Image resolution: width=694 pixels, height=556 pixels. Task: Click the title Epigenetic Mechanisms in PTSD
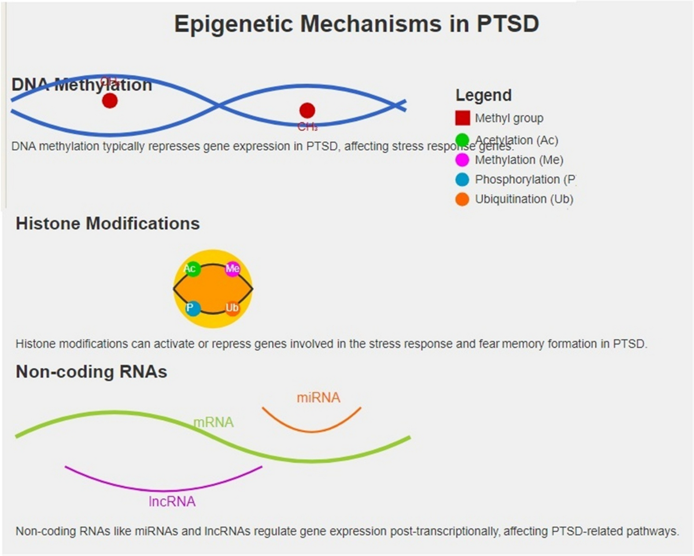(x=356, y=24)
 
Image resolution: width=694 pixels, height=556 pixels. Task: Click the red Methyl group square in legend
(x=463, y=118)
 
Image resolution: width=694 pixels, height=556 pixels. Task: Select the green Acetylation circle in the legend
(x=462, y=140)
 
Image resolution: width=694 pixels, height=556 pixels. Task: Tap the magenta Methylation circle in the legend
(x=462, y=160)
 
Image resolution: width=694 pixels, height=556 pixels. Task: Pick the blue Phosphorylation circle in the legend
(x=462, y=180)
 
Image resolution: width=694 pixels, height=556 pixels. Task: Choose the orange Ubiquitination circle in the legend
(x=462, y=199)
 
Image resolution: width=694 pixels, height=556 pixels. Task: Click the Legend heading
(x=483, y=95)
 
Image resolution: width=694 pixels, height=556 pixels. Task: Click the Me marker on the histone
(x=232, y=269)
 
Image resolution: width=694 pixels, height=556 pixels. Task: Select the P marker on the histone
(x=193, y=308)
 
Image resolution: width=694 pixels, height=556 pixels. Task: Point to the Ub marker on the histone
(x=232, y=308)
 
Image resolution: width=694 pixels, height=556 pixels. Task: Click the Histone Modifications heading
(x=108, y=224)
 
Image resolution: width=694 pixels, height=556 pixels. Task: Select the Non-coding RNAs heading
(x=91, y=372)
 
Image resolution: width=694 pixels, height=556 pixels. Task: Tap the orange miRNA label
(x=319, y=398)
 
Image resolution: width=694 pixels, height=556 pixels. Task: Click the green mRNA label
(x=213, y=422)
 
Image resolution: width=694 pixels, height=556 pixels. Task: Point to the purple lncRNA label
(x=172, y=502)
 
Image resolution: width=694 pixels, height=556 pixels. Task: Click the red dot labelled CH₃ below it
(x=307, y=110)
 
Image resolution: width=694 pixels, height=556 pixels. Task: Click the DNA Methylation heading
(x=82, y=85)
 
